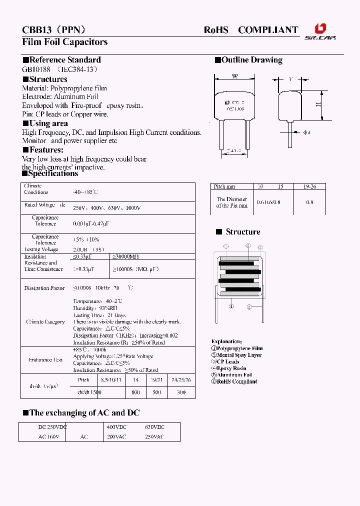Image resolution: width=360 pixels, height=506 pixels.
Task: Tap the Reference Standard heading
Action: point(62,60)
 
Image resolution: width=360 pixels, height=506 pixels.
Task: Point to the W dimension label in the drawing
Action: point(234,76)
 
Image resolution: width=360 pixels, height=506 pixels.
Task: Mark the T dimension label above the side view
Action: point(291,79)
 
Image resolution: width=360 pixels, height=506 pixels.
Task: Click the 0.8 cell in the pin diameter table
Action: point(310,202)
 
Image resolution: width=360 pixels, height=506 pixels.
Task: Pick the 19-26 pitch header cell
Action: point(310,186)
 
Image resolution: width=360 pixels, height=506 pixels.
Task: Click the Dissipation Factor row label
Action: point(44,288)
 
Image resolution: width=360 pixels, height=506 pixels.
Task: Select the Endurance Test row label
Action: point(44,359)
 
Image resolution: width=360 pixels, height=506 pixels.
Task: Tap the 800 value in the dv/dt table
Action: point(136,392)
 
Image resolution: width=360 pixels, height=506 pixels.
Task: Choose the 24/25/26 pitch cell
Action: point(180,380)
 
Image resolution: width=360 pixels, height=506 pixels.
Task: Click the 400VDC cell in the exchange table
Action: point(116,427)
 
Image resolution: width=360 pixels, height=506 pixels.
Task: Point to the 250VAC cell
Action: point(154,436)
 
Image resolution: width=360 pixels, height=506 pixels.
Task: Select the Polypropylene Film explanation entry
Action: point(236,348)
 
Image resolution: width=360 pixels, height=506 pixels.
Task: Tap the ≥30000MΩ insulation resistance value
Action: point(125,256)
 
